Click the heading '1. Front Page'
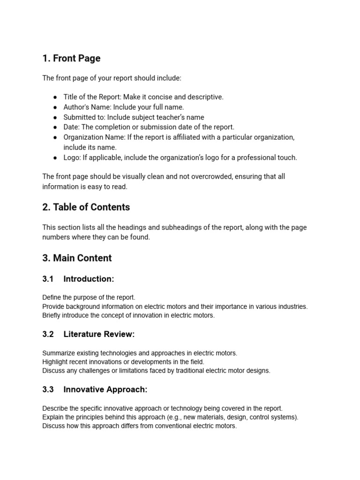click(x=71, y=59)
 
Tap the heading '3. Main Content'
click(x=77, y=258)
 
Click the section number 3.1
click(x=48, y=279)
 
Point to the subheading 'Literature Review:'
click(x=99, y=335)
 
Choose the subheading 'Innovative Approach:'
click(x=105, y=390)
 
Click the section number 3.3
click(x=48, y=390)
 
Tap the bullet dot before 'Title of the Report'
click(x=55, y=97)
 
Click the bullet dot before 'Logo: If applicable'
click(x=55, y=158)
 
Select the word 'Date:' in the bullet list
click(x=72, y=127)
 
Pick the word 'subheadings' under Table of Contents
click(x=180, y=228)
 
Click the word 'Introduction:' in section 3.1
click(x=89, y=279)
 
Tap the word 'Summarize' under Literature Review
click(x=58, y=353)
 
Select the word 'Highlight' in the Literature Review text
click(x=55, y=362)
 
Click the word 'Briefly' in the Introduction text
click(x=52, y=316)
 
